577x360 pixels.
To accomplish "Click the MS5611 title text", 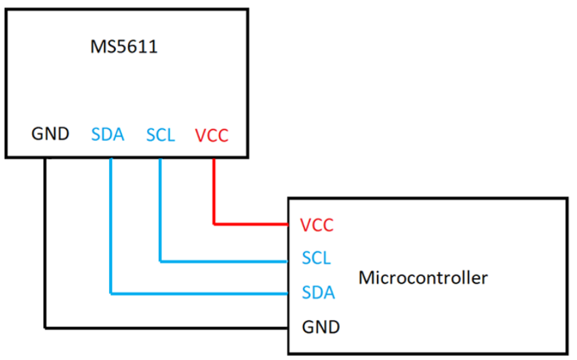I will point(124,47).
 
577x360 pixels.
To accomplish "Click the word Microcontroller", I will point(423,277).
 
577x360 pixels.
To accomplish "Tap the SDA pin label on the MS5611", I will point(108,135).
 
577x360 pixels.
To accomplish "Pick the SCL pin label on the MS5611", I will point(161,135).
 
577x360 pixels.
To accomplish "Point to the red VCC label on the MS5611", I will point(212,136).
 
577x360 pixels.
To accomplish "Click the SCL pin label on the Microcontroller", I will point(317,258).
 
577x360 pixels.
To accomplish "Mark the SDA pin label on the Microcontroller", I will point(318,293).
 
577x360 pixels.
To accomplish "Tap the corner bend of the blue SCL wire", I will point(161,260).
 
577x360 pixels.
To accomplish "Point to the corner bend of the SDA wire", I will point(110,294).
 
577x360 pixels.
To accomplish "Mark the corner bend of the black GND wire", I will point(45,327).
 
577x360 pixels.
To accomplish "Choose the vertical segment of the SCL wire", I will point(161,210).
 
